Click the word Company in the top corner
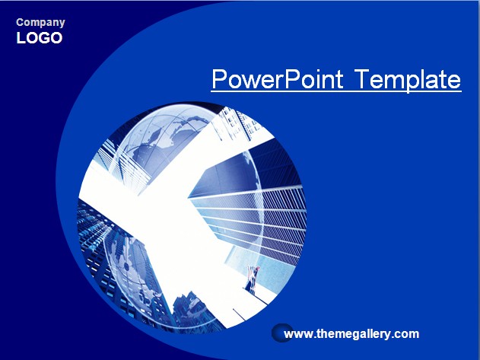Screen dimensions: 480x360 click(x=40, y=23)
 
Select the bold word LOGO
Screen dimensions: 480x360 click(x=40, y=38)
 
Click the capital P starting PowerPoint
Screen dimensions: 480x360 click(x=219, y=79)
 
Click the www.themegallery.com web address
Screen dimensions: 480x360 click(x=351, y=333)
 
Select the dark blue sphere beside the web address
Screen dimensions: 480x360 click(x=282, y=333)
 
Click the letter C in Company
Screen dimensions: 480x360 click(x=20, y=22)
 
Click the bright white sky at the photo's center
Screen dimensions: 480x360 click(x=171, y=215)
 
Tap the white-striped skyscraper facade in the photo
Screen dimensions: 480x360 click(x=254, y=221)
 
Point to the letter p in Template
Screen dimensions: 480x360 click(x=413, y=82)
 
